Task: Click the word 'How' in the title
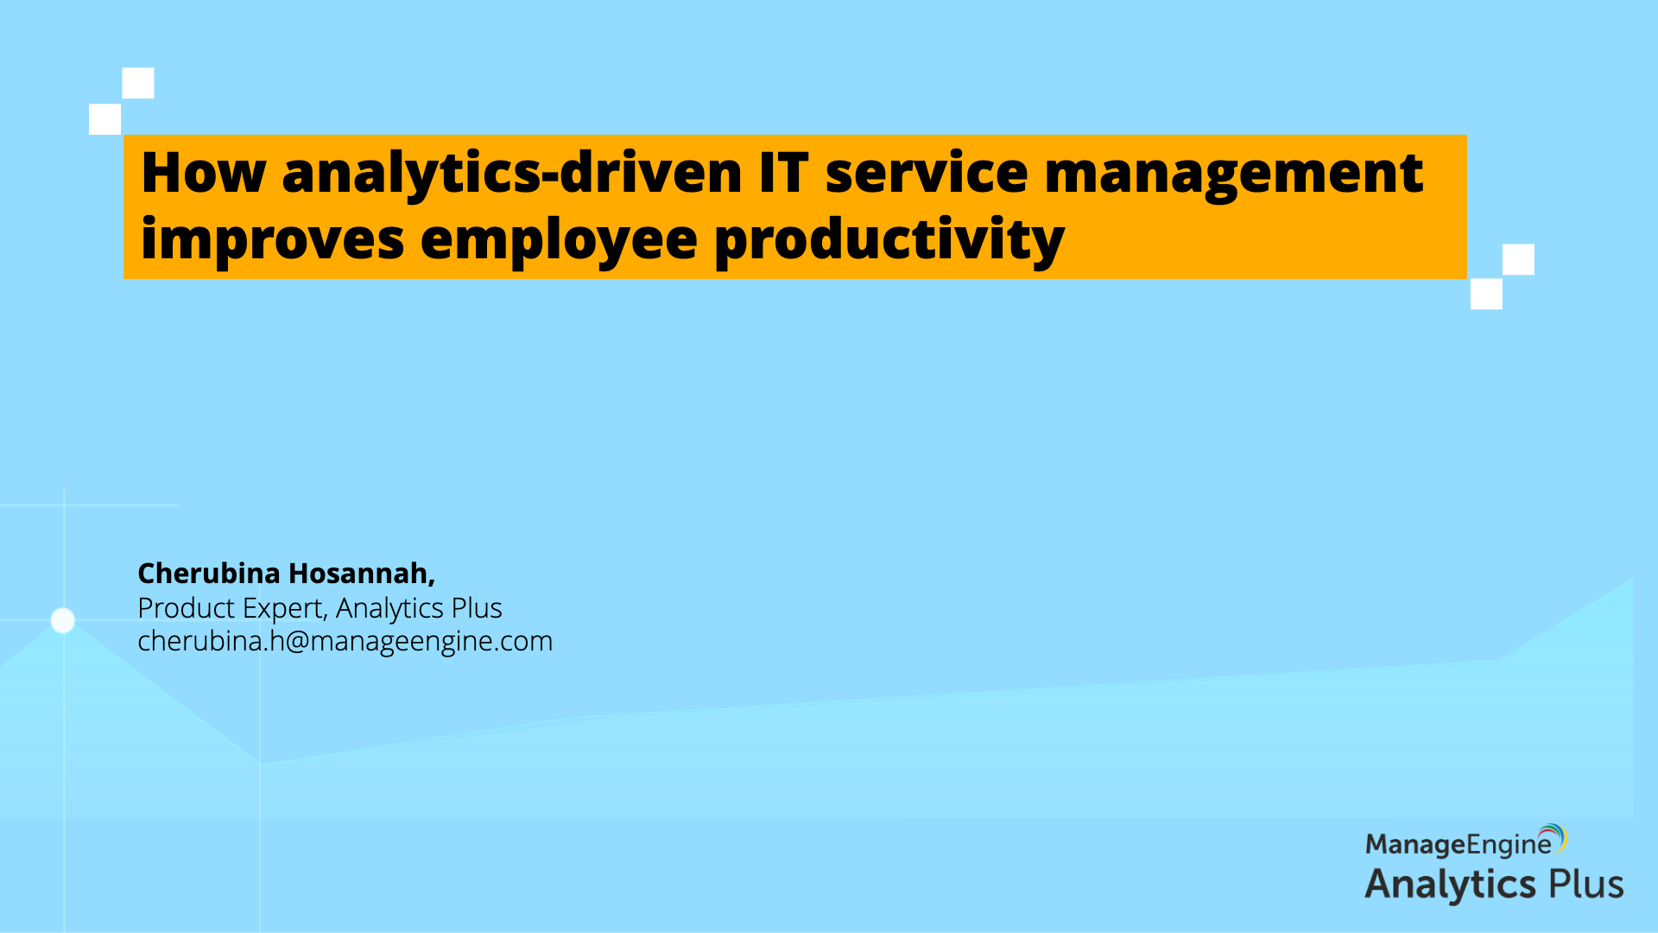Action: tap(203, 173)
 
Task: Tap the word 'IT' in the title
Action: tap(783, 173)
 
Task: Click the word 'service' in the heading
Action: tap(926, 173)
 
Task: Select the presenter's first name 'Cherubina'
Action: tap(209, 573)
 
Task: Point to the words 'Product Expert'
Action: tap(231, 608)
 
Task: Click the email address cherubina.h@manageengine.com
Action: tap(345, 641)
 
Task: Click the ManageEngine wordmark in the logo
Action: tap(1459, 844)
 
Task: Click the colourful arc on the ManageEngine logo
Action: tap(1558, 835)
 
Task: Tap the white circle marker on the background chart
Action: tap(63, 620)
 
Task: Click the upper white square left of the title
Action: tap(138, 83)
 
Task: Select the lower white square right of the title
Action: tap(1486, 294)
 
